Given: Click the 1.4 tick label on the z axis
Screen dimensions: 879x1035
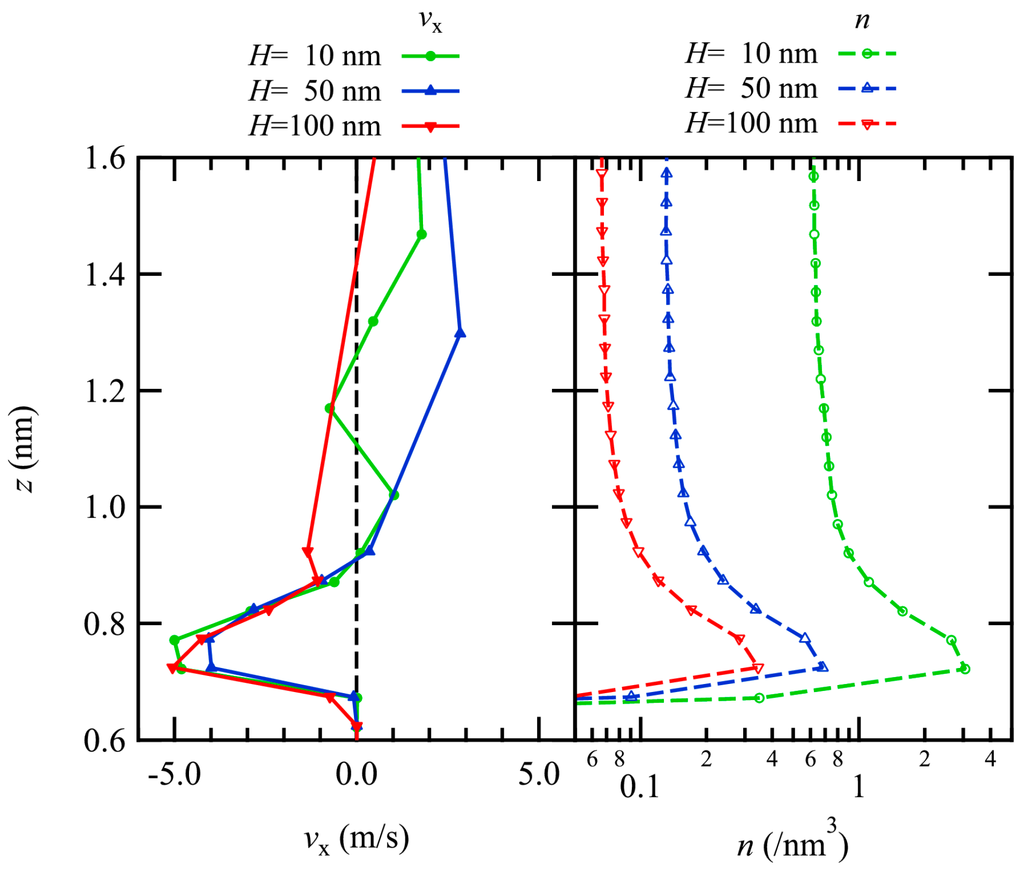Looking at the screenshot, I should coord(104,275).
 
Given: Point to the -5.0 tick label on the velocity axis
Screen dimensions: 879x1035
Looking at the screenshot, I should coord(175,775).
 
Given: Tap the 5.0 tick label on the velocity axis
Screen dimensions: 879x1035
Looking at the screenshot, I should coord(538,775).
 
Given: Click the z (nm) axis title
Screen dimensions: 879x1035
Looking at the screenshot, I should coord(24,449).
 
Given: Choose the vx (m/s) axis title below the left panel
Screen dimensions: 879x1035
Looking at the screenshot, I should coord(357,839).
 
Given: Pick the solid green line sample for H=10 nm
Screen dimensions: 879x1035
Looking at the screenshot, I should coord(430,56).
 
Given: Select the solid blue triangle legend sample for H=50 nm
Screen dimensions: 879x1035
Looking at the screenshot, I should coord(430,91).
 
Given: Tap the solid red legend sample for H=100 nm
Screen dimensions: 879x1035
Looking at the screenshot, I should coord(430,126).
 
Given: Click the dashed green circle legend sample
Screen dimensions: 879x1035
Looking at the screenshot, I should coord(867,54).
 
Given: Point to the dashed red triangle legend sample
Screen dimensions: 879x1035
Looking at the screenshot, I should coord(867,124).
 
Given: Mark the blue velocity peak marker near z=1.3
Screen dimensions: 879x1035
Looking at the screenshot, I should coord(460,333).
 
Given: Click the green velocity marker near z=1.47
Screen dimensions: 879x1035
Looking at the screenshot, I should coord(421,234).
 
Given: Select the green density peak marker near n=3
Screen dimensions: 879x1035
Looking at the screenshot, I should coord(965,668).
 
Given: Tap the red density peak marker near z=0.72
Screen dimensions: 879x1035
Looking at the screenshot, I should coord(758,668).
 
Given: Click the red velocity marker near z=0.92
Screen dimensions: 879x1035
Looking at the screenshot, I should coord(307,552).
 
